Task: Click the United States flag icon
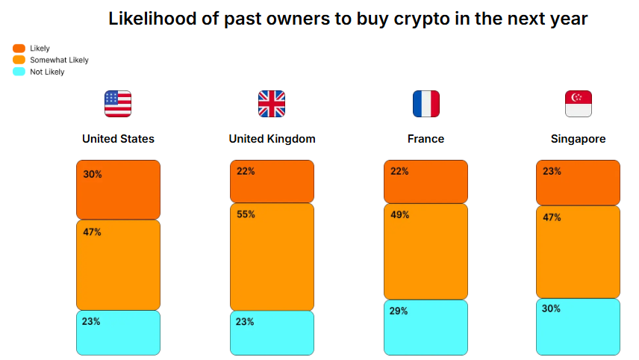click(118, 104)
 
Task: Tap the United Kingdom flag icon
click(272, 104)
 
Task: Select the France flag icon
click(426, 104)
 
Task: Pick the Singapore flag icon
click(579, 104)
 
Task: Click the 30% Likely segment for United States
click(118, 190)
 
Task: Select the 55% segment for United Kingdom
click(272, 256)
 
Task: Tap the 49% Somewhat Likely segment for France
click(426, 251)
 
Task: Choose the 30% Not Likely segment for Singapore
click(579, 326)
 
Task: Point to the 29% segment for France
click(426, 327)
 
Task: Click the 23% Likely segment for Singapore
click(579, 182)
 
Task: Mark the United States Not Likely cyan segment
click(118, 332)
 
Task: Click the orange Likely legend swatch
click(19, 49)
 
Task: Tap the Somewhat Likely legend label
click(59, 60)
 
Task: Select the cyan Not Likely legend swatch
click(19, 72)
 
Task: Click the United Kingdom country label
click(272, 139)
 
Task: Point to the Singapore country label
click(579, 139)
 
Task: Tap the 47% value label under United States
click(93, 232)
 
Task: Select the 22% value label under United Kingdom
click(246, 171)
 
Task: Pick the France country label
click(426, 139)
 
